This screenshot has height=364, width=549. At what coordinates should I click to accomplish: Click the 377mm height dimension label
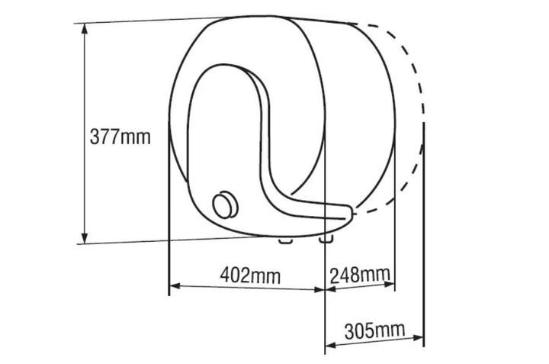click(120, 137)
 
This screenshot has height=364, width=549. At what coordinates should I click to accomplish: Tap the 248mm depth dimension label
click(360, 275)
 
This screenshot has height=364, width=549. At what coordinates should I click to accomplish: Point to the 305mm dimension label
click(374, 330)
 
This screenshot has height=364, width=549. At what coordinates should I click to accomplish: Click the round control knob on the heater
click(225, 205)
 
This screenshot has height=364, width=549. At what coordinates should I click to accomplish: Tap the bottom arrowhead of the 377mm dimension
click(84, 238)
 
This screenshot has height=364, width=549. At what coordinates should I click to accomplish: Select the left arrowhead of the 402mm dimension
click(175, 286)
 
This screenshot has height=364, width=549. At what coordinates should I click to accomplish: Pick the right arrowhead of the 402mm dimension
click(319, 290)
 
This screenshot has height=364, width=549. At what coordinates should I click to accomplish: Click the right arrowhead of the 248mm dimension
click(390, 284)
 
